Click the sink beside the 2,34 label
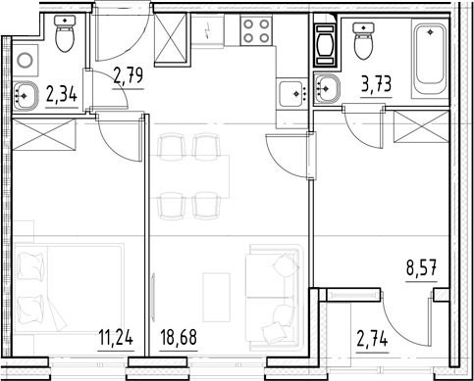[x=28, y=96]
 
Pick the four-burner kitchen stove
[x=258, y=33]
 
